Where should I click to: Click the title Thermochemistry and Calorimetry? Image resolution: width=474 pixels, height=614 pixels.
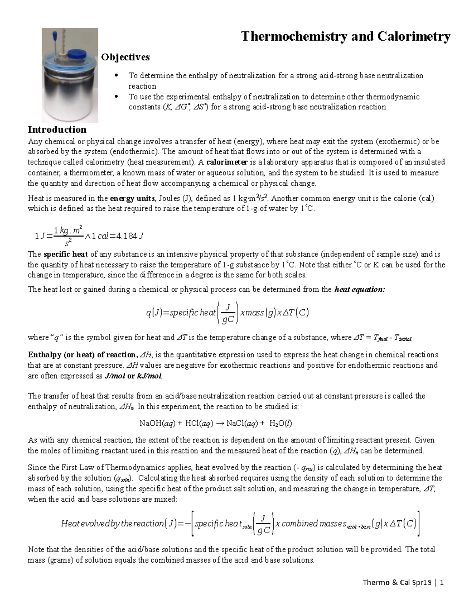click(346, 37)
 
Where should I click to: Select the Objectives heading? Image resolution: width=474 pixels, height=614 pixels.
click(125, 57)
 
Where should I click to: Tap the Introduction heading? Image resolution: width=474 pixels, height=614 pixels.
click(57, 130)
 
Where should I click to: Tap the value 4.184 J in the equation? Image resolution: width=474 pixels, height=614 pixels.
click(126, 236)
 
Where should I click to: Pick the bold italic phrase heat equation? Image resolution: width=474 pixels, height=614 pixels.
click(359, 289)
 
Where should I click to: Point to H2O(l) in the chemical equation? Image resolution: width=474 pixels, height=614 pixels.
click(280, 424)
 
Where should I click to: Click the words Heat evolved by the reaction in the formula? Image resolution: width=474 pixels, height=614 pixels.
click(112, 524)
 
